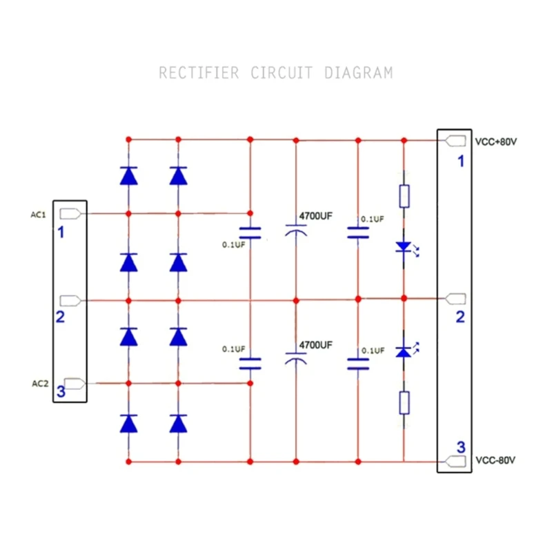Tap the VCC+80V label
[495, 141]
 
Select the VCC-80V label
[495, 460]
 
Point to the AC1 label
[38, 215]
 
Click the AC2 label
[40, 383]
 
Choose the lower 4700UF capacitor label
[315, 345]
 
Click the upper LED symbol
[404, 246]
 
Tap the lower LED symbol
[404, 352]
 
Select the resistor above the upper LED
[404, 196]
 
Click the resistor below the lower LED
[404, 403]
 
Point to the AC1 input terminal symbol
[72, 213]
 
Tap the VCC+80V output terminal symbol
[455, 141]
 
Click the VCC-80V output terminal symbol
[455, 461]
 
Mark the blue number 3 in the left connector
[61, 392]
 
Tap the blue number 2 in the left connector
[61, 317]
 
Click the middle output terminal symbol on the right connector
[455, 299]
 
